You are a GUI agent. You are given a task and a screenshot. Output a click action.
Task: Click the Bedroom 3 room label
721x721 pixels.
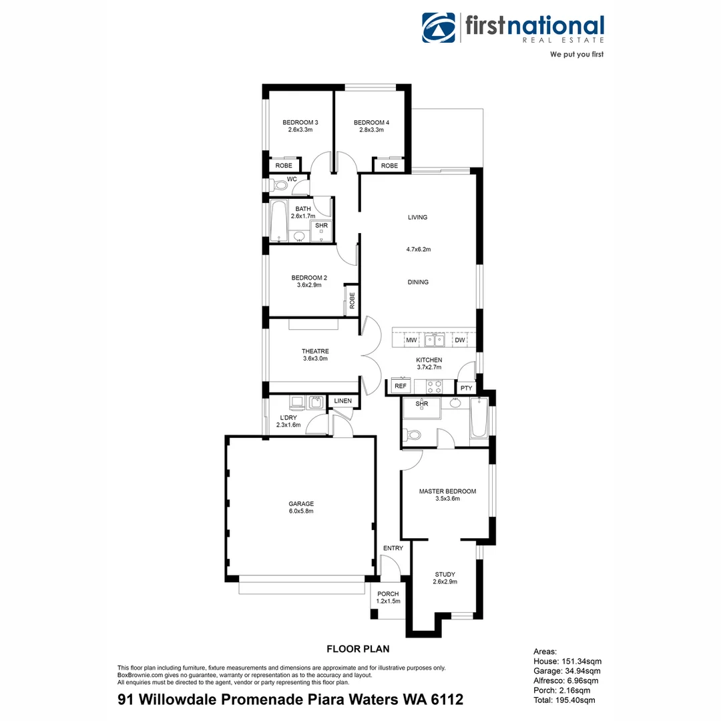coord(300,122)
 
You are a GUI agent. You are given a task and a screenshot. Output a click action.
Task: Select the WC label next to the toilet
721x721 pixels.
coord(292,179)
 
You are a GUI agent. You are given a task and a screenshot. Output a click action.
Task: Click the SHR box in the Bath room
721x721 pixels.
coord(322,226)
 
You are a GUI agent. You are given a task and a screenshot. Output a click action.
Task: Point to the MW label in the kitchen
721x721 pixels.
coord(412,340)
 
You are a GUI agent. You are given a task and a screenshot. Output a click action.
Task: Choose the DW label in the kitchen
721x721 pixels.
coord(460,340)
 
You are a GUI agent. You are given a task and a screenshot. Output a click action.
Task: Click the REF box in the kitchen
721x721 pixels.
coord(401,386)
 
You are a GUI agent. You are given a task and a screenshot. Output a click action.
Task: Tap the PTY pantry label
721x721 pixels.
coord(466,388)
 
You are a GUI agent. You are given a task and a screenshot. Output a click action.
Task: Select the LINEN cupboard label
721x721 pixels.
coord(343,401)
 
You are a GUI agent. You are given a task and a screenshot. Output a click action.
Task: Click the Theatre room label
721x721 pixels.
coord(315,351)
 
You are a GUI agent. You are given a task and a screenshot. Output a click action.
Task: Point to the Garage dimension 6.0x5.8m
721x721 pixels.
coord(301,511)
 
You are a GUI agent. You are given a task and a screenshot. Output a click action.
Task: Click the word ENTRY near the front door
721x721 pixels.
coord(393,548)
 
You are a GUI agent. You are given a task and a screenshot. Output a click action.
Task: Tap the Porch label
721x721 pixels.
coord(388,593)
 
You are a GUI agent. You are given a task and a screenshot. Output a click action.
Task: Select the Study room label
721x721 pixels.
coord(445,574)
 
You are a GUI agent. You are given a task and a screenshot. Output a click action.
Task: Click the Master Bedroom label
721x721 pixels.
coord(447,491)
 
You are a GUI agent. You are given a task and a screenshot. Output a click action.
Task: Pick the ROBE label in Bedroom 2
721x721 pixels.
coord(352,299)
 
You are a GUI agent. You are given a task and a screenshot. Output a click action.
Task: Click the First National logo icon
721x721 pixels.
coord(438,27)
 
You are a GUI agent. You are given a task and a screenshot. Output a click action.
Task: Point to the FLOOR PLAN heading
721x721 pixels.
coord(358,648)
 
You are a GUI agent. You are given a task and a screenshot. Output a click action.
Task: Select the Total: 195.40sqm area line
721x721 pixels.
coord(564,700)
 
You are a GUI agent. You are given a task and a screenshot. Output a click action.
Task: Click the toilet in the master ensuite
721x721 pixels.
coord(413,435)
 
